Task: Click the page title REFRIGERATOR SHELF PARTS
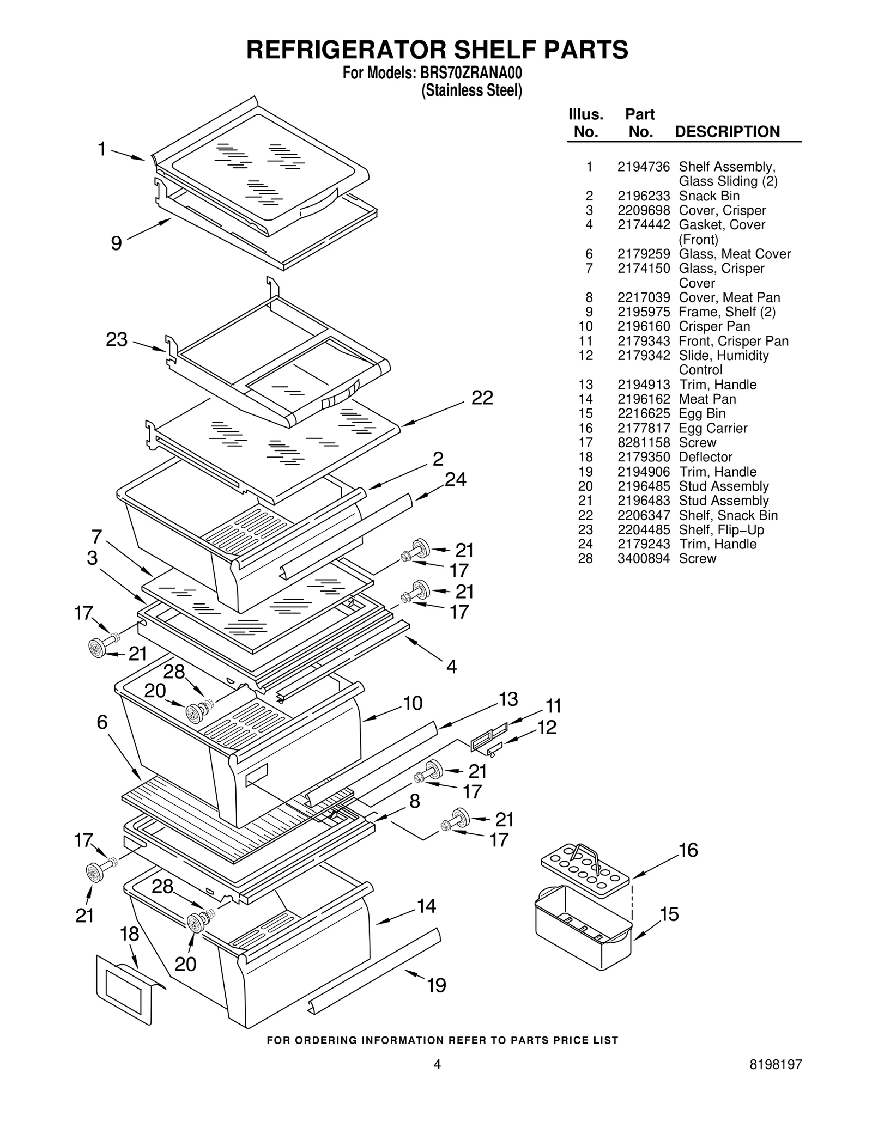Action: [x=437, y=50]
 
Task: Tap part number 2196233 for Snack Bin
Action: [x=643, y=196]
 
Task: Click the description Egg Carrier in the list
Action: [x=713, y=428]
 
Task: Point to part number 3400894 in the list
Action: [x=643, y=558]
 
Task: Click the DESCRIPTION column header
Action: [x=727, y=132]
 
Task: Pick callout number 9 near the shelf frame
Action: [x=116, y=243]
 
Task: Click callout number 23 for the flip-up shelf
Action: [x=116, y=340]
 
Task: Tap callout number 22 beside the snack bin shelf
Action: [x=482, y=398]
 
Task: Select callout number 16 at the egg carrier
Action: [x=688, y=850]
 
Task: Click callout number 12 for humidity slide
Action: [x=547, y=727]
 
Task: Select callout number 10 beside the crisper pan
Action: [x=413, y=703]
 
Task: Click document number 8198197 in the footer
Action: [x=776, y=1080]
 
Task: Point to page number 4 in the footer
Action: [x=437, y=1080]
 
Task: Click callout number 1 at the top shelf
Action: [x=101, y=149]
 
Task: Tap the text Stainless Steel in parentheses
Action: [x=471, y=90]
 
